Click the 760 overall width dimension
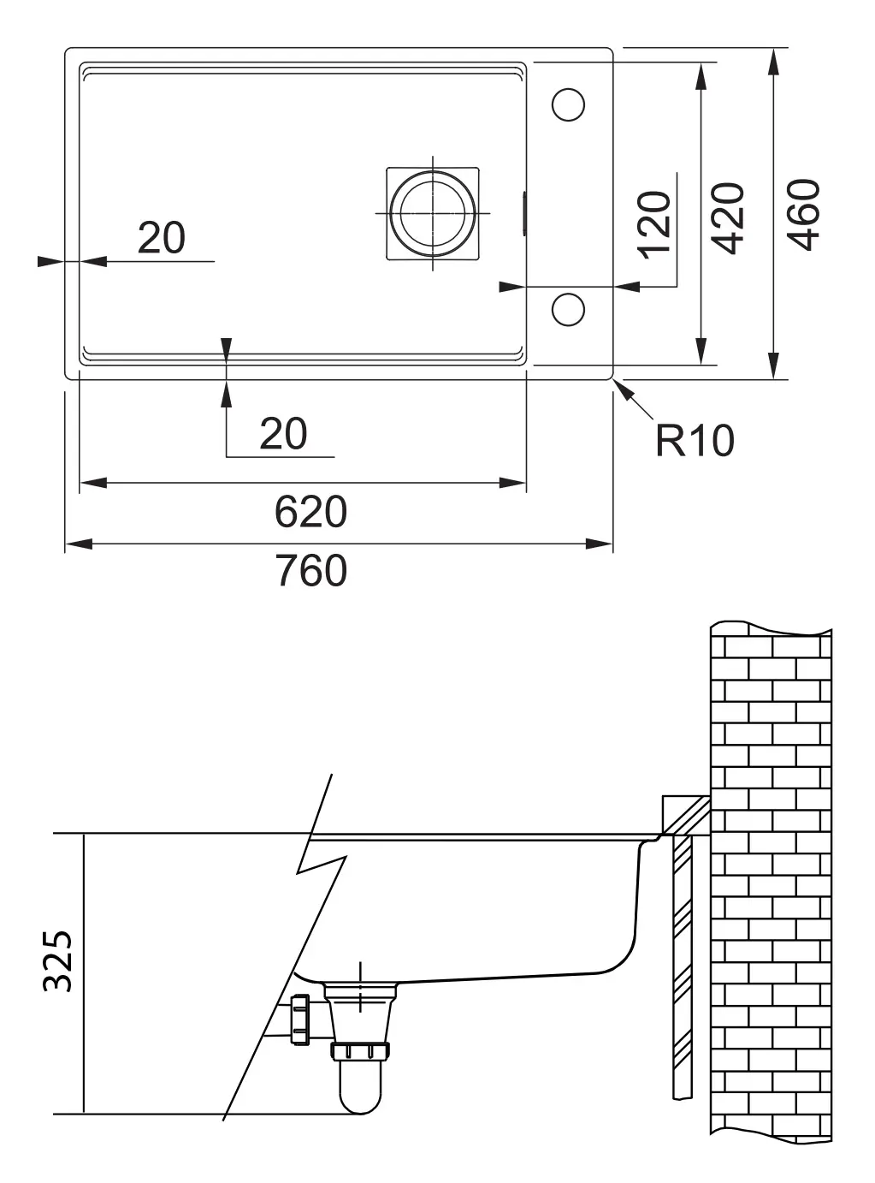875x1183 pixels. pos(310,571)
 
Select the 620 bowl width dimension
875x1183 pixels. pos(310,513)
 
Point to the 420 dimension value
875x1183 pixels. pos(729,217)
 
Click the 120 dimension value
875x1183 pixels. pos(656,224)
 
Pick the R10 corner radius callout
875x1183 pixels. pos(695,441)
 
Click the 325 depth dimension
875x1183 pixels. pos(59,960)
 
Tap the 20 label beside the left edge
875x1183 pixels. pos(161,238)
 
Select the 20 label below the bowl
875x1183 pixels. pos(283,434)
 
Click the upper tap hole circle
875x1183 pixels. pos(568,104)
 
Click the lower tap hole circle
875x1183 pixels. pos(568,308)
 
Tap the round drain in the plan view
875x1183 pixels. pos(433,212)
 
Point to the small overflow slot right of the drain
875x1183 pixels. pos(524,211)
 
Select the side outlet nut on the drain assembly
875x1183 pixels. pos(299,1020)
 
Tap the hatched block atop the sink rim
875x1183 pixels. pos(685,814)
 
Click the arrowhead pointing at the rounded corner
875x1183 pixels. pos(624,389)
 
